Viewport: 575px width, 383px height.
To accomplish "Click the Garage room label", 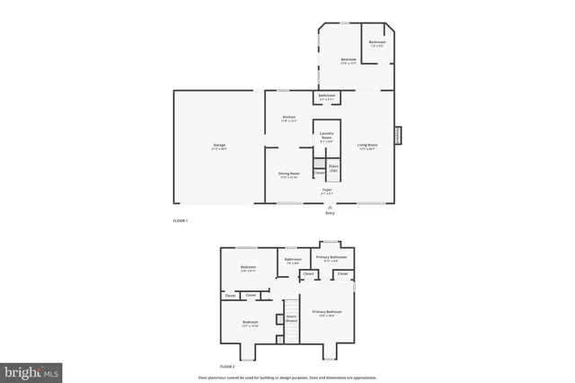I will coord(219,146).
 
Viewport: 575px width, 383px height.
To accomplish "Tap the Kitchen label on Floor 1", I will coord(289,119).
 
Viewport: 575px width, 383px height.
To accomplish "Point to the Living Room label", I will coord(367,146).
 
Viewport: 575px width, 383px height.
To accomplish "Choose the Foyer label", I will coord(328,191).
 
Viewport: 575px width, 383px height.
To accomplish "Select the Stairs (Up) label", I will coord(332,167).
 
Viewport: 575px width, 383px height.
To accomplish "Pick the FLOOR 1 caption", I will coord(181,221).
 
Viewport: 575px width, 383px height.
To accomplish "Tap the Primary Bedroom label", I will coord(327,313).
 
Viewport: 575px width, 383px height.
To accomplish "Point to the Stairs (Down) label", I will coord(291,317).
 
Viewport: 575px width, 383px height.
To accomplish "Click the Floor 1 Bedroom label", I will coord(349,60).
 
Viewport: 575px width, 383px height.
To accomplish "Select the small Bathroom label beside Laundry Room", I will coord(327,96).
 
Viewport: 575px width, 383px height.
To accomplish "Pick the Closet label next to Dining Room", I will coord(320,172).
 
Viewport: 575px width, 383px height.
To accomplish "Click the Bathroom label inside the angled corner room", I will coord(377,42).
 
